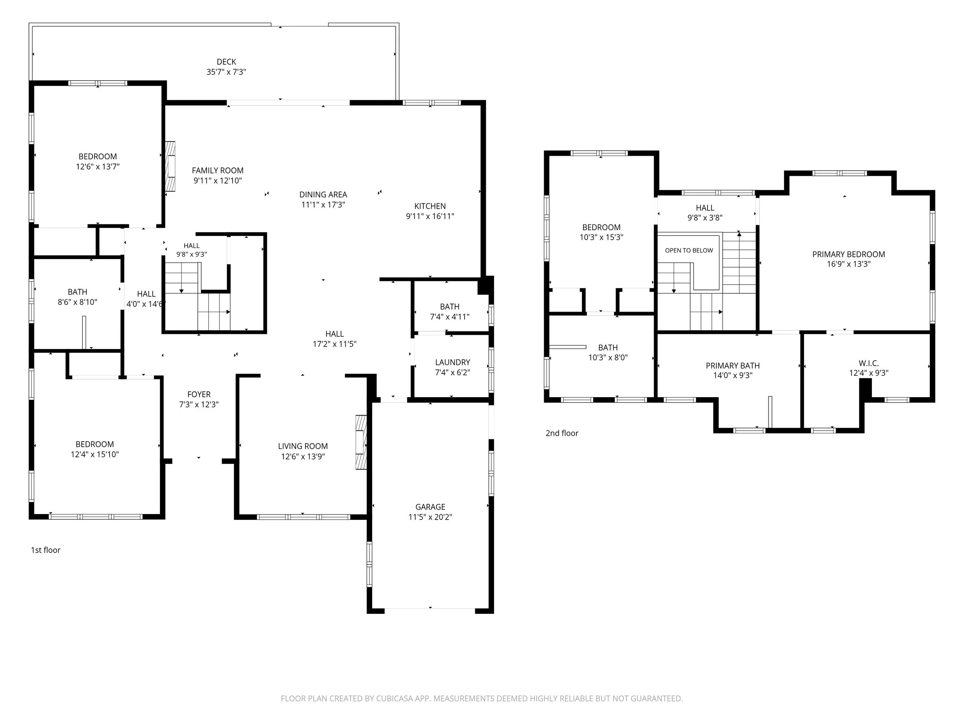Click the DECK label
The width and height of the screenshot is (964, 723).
click(x=226, y=62)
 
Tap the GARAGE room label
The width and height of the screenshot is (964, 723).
click(x=430, y=507)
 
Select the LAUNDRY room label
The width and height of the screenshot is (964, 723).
click(x=452, y=362)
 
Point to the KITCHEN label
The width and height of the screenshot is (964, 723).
click(x=430, y=206)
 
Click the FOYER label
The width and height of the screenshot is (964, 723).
click(x=199, y=394)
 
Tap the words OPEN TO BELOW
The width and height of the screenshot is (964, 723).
click(x=689, y=250)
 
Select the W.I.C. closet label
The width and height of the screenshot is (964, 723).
click(x=868, y=363)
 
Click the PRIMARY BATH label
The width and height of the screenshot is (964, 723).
click(x=733, y=366)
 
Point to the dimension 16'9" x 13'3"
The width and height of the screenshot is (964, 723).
click(x=848, y=264)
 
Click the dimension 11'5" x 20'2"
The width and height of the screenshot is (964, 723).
click(x=430, y=517)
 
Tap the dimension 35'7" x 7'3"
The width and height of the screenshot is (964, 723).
click(x=226, y=72)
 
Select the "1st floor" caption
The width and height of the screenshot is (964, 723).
click(x=46, y=550)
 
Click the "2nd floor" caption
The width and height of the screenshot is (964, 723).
click(x=562, y=433)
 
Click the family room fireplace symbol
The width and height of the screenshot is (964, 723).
click(x=170, y=166)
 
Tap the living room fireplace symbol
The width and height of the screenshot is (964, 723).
click(x=361, y=442)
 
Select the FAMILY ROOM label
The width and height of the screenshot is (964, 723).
click(x=217, y=170)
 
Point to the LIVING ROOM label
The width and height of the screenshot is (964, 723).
click(x=303, y=446)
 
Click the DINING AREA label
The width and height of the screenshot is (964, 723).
click(x=323, y=194)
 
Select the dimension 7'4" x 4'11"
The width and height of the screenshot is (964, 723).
click(x=449, y=317)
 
